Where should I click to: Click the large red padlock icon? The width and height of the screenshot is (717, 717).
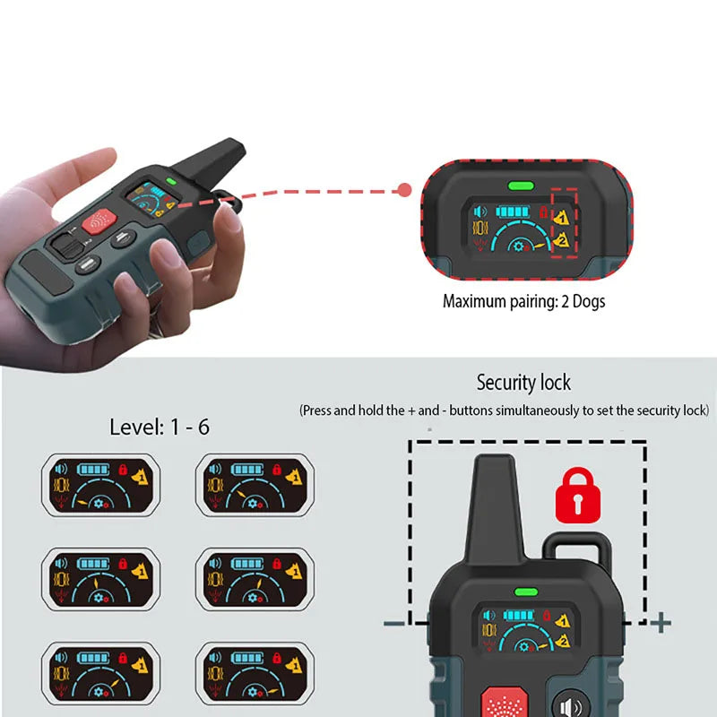pos(577,496)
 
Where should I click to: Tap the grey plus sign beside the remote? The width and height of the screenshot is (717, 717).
pos(661,622)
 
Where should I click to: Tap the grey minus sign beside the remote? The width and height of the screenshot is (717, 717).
pos(394,623)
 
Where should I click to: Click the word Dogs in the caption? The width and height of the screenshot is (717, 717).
pos(589,302)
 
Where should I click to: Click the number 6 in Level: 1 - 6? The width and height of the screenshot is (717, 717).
pos(203,428)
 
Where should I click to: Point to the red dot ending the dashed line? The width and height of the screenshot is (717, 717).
pos(404,190)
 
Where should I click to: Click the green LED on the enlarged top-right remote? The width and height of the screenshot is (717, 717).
pos(521,186)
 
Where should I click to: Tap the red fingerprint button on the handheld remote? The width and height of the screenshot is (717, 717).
pos(99,221)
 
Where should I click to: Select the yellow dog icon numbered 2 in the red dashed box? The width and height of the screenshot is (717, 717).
pos(561,239)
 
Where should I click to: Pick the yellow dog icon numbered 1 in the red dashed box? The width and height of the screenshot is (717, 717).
pos(562,217)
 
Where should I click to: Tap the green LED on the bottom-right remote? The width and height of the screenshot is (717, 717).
pos(526,592)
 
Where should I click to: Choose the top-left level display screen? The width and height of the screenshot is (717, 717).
pos(101,485)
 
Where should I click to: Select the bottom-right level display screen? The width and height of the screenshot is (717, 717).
pos(255,674)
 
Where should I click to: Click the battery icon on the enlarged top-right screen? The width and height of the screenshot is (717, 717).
pos(513,212)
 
